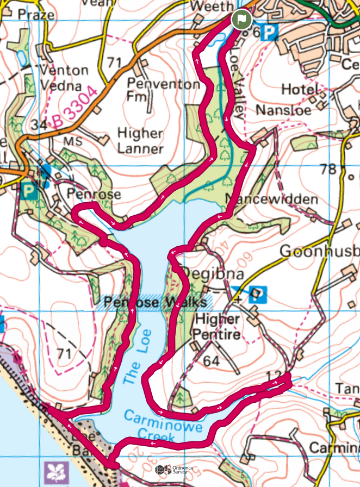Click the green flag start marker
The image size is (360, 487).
241,20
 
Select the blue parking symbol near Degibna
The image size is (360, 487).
259,295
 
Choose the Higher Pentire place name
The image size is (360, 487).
218,326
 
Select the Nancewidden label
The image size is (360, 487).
271,199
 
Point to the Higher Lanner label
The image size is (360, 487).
140,141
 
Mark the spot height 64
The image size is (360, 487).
212,360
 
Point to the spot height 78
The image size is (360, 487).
328,169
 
